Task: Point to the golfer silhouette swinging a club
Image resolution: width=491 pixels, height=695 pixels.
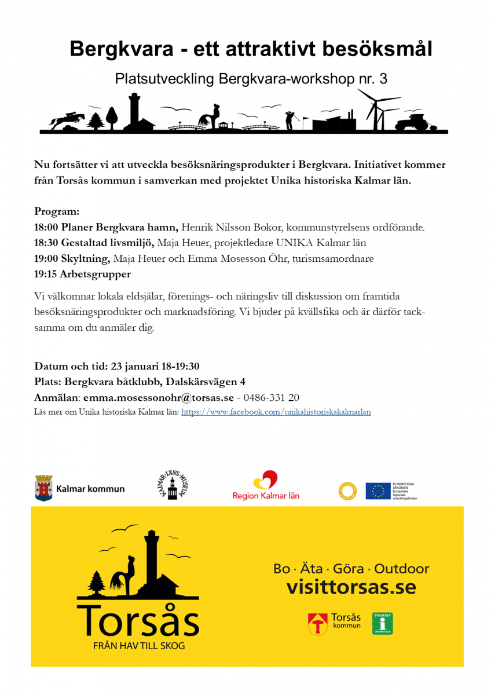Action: pyautogui.click(x=290, y=119)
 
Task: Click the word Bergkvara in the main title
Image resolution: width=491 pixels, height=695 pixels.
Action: pyautogui.click(x=121, y=49)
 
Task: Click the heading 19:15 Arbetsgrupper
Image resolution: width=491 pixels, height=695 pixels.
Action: pyautogui.click(x=82, y=274)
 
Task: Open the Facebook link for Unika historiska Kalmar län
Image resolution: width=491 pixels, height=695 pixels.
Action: pyautogui.click(x=276, y=412)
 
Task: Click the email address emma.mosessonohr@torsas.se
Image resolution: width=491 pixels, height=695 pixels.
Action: pyautogui.click(x=158, y=397)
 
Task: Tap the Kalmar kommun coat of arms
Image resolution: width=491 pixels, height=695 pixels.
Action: pyautogui.click(x=43, y=488)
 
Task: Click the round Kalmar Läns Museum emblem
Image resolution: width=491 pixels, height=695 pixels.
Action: pyautogui.click(x=172, y=486)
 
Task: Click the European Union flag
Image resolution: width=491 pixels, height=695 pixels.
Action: pyautogui.click(x=378, y=491)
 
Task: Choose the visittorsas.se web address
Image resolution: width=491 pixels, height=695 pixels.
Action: pyautogui.click(x=351, y=587)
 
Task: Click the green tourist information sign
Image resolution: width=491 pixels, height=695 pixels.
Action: pyautogui.click(x=382, y=623)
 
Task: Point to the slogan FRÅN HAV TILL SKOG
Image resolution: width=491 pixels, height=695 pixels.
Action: pyautogui.click(x=139, y=646)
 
